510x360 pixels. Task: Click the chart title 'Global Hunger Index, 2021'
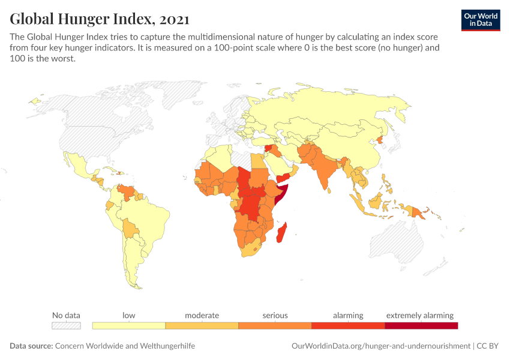point(100,19)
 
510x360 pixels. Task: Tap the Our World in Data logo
point(480,20)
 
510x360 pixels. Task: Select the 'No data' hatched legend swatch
point(66,326)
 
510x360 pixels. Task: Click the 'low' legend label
point(128,315)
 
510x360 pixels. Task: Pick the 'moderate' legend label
point(202,315)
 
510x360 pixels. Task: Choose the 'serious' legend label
point(275,315)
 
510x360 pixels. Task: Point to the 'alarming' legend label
point(348,315)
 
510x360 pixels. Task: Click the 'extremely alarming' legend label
point(420,315)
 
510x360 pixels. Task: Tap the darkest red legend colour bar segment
point(421,326)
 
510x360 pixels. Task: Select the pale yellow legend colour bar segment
point(128,326)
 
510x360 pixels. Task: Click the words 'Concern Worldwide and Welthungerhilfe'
point(125,346)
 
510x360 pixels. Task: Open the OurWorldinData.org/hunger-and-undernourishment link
point(381,346)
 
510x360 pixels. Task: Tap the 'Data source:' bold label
point(31,346)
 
